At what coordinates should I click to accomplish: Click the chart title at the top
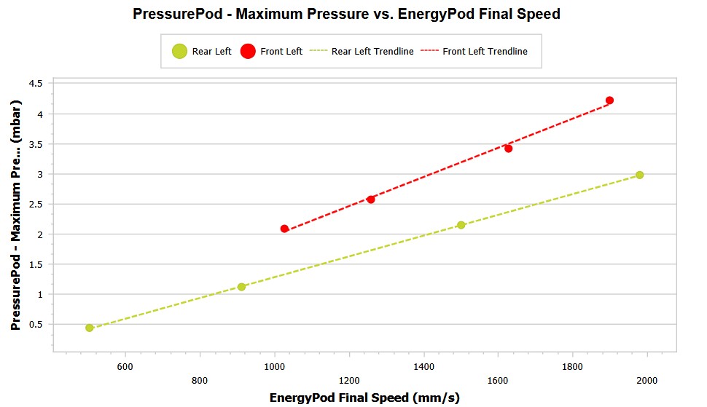click(346, 14)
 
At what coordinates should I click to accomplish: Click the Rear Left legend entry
click(202, 52)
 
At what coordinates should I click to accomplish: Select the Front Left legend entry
click(271, 52)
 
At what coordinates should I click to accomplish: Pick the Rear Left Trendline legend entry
click(362, 52)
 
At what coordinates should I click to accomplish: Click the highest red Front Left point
click(609, 100)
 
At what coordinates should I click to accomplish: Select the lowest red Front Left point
click(284, 229)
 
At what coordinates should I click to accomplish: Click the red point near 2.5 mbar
click(370, 199)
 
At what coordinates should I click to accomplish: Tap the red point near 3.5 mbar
click(508, 149)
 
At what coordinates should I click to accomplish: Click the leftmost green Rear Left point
click(89, 328)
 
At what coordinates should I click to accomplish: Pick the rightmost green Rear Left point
click(639, 175)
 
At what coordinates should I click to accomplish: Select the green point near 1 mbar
click(241, 287)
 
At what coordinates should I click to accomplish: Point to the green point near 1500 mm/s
click(461, 225)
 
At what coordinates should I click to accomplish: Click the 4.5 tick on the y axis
click(35, 84)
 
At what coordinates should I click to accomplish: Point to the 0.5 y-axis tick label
click(35, 325)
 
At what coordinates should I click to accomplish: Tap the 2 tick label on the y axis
click(39, 234)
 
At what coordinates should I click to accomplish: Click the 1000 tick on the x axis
click(274, 368)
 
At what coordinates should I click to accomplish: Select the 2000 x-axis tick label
click(647, 381)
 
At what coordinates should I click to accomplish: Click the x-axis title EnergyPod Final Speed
click(364, 398)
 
